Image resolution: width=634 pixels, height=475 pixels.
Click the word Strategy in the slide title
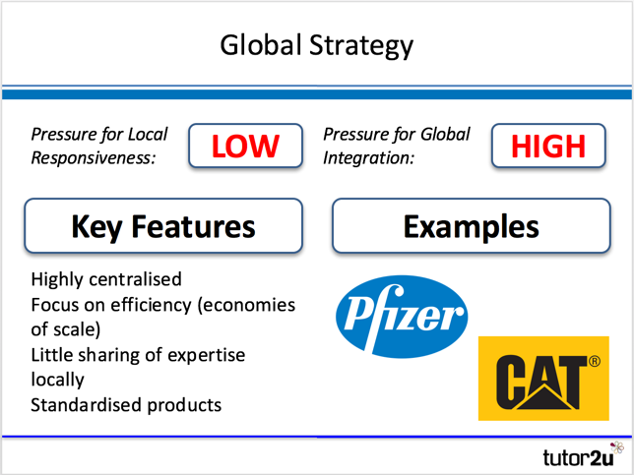pyautogui.click(x=361, y=45)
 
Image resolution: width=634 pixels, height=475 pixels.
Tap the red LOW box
pyautogui.click(x=245, y=146)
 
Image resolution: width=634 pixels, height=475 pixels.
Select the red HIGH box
pyautogui.click(x=548, y=146)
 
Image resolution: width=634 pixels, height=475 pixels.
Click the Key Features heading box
pyautogui.click(x=163, y=226)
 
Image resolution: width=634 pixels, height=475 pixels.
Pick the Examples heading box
pyautogui.click(x=471, y=226)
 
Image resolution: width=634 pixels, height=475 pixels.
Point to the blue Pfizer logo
pyautogui.click(x=402, y=317)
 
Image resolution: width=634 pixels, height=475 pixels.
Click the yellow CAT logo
pyautogui.click(x=543, y=379)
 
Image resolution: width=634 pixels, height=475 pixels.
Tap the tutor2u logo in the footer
pyautogui.click(x=583, y=455)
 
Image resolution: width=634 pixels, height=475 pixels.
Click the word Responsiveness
pyautogui.click(x=94, y=158)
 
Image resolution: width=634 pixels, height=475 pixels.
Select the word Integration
pyautogui.click(x=369, y=158)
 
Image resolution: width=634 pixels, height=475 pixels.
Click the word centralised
pyautogui.click(x=135, y=279)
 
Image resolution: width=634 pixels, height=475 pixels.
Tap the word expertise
pyautogui.click(x=206, y=355)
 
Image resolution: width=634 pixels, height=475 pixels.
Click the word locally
pyautogui.click(x=57, y=380)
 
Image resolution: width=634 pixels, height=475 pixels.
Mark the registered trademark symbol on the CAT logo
pyautogui.click(x=594, y=361)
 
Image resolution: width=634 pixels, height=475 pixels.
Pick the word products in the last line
pyautogui.click(x=184, y=405)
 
